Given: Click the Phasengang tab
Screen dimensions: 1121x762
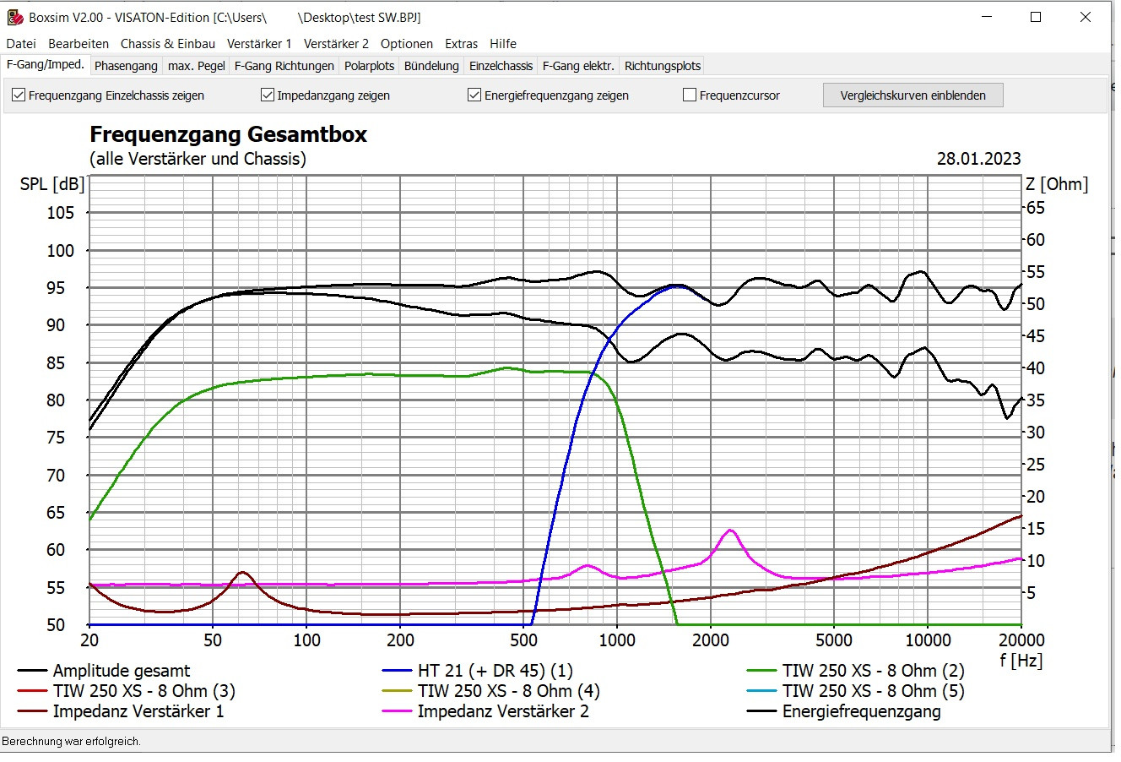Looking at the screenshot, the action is tap(126, 66).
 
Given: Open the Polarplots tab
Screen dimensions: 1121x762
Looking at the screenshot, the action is tap(369, 66).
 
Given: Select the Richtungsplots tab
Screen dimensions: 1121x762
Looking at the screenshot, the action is tap(662, 66).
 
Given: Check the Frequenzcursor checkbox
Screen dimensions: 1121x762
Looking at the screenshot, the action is tap(689, 95).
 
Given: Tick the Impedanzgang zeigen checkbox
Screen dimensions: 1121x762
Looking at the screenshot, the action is tap(268, 95).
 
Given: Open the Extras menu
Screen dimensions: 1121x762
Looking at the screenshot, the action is tap(461, 44).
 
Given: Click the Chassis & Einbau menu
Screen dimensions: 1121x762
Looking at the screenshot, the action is tap(168, 44).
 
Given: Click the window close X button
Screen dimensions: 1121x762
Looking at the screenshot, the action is tap(1085, 17).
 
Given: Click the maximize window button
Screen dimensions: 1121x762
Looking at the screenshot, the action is tap(1036, 17).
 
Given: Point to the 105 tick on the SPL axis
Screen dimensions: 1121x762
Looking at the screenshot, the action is tap(60, 213).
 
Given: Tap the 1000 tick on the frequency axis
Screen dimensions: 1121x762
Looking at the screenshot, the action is tap(616, 640).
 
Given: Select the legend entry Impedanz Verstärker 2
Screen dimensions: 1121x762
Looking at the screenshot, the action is tap(503, 711).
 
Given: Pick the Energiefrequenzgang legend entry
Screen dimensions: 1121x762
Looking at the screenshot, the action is tap(861, 711).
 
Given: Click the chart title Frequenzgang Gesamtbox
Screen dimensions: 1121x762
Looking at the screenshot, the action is tap(228, 134).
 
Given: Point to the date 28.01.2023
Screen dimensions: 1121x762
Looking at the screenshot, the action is tap(978, 159).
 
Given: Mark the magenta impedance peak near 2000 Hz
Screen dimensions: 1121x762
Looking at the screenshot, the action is tap(730, 530).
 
